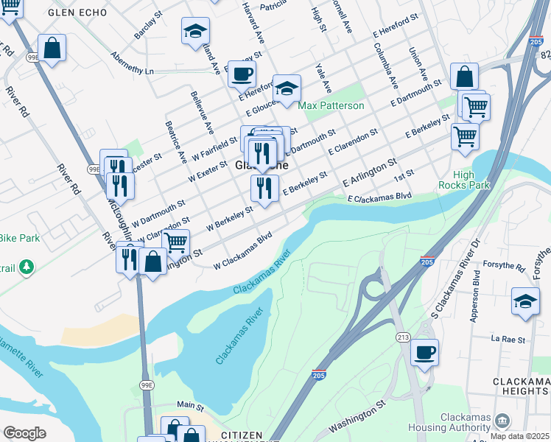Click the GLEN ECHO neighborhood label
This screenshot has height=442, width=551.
click(77, 13)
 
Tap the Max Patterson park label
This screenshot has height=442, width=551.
click(331, 105)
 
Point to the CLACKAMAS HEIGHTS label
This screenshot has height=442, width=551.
click(520, 385)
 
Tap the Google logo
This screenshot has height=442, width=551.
click(24, 433)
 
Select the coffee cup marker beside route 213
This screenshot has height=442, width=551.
click(424, 353)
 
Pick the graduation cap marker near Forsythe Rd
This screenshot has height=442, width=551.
click(525, 302)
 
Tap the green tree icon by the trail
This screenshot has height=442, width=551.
click(27, 267)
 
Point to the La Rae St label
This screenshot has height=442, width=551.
click(509, 340)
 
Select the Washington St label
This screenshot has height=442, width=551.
click(357, 417)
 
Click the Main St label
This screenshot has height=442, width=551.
click(190, 405)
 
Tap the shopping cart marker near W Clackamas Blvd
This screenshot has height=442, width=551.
click(175, 242)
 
